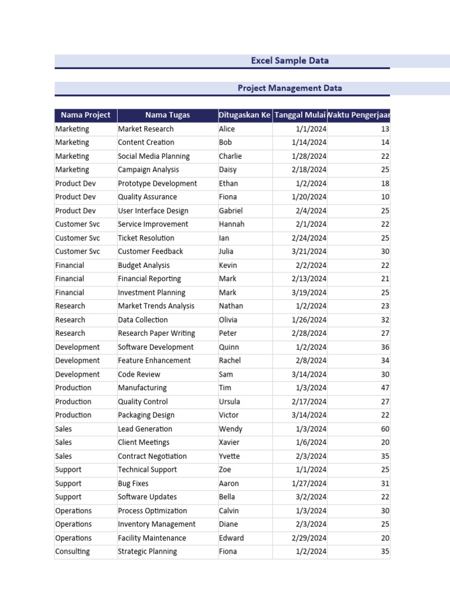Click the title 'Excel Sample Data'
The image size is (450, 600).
289,60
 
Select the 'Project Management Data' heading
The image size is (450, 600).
289,88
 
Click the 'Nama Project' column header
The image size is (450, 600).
86,115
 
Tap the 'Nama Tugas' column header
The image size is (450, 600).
168,115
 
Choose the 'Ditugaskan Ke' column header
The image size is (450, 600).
244,115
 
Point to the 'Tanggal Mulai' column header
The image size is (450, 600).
300,115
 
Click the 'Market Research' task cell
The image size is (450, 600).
146,129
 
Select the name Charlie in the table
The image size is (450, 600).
230,156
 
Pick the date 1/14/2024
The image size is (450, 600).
309,142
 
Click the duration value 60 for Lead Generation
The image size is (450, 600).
384,429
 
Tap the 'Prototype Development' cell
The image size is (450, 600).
157,183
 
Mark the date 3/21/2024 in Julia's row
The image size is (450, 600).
309,251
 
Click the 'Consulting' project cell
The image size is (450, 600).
73,551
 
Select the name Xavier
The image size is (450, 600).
229,442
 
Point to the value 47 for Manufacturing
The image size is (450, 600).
384,388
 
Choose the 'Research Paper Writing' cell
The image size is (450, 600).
156,333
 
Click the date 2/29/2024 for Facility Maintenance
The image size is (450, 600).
309,538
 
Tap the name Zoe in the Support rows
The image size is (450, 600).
225,469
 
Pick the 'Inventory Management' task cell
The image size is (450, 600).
156,524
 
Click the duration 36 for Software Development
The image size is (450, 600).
384,347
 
